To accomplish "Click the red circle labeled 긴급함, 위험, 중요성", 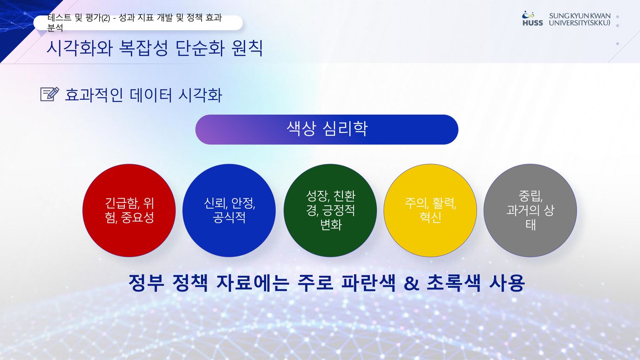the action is tap(129, 211).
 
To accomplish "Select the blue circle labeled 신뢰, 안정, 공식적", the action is tap(229, 211).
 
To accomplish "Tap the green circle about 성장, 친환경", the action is tap(330, 211).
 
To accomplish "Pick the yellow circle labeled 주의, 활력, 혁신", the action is tap(430, 211).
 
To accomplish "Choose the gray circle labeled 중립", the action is tap(530, 211).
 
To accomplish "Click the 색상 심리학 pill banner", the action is tap(327, 130).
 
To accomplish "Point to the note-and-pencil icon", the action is tap(50, 94).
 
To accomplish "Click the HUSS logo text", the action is tap(533, 23).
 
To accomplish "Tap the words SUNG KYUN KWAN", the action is tap(580, 16).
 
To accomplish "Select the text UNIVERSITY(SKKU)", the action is tap(580, 23).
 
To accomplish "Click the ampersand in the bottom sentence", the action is tap(411, 283).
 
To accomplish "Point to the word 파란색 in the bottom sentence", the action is tap(368, 283).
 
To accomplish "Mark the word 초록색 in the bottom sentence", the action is tap(454, 283).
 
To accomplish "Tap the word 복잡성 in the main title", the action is tap(143, 48).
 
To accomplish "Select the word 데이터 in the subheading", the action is tap(151, 95).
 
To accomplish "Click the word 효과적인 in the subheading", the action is tap(94, 95).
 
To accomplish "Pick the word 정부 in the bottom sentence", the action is tap(146, 283).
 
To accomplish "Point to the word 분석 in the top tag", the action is tap(55, 28).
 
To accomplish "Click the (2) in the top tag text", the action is tap(106, 18).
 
